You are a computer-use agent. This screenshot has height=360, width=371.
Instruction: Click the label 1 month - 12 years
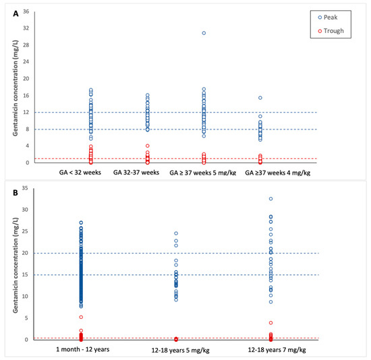point(81,350)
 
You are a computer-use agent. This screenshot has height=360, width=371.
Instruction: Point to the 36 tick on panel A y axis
point(25,12)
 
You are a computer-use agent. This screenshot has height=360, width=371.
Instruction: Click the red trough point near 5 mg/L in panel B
point(81,317)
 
